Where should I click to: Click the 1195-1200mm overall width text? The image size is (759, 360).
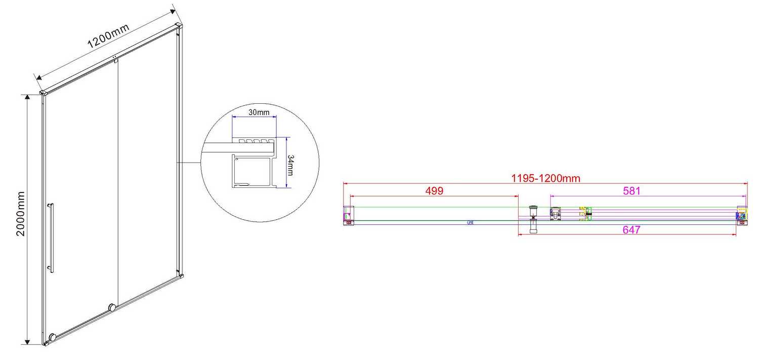(x=545, y=178)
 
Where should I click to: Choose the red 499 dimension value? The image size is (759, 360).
(x=434, y=191)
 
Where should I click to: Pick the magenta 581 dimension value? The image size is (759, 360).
(x=632, y=191)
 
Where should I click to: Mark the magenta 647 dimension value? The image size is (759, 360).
(x=632, y=230)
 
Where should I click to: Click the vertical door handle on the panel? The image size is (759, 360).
(x=51, y=238)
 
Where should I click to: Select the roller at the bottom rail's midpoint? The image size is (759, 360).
(x=112, y=306)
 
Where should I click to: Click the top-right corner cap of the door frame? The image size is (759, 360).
(x=178, y=25)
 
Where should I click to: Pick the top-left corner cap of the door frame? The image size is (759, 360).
(x=44, y=93)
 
